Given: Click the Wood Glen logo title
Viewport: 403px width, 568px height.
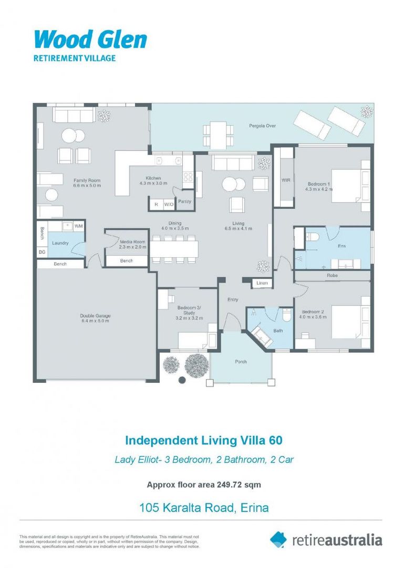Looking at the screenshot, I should pyautogui.click(x=90, y=40).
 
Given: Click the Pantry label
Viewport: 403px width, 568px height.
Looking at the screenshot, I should pyautogui.click(x=184, y=201).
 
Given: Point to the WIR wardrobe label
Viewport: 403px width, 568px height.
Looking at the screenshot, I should pyautogui.click(x=286, y=180).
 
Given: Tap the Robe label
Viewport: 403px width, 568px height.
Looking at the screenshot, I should pyautogui.click(x=332, y=275).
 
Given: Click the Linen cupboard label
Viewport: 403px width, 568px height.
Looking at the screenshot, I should pyautogui.click(x=262, y=283).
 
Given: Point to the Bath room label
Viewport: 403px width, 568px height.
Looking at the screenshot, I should pyautogui.click(x=278, y=331).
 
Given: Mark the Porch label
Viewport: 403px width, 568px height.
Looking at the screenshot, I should pyautogui.click(x=241, y=361).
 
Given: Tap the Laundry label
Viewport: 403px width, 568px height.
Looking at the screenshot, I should pyautogui.click(x=60, y=243).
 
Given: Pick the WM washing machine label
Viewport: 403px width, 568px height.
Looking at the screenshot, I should pyautogui.click(x=78, y=226).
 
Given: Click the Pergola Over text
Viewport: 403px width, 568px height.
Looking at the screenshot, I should pyautogui.click(x=262, y=126).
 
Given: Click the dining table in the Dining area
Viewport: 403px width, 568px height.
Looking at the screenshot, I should pyautogui.click(x=174, y=248).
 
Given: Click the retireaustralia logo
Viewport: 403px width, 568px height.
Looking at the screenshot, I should pyautogui.click(x=326, y=540).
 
